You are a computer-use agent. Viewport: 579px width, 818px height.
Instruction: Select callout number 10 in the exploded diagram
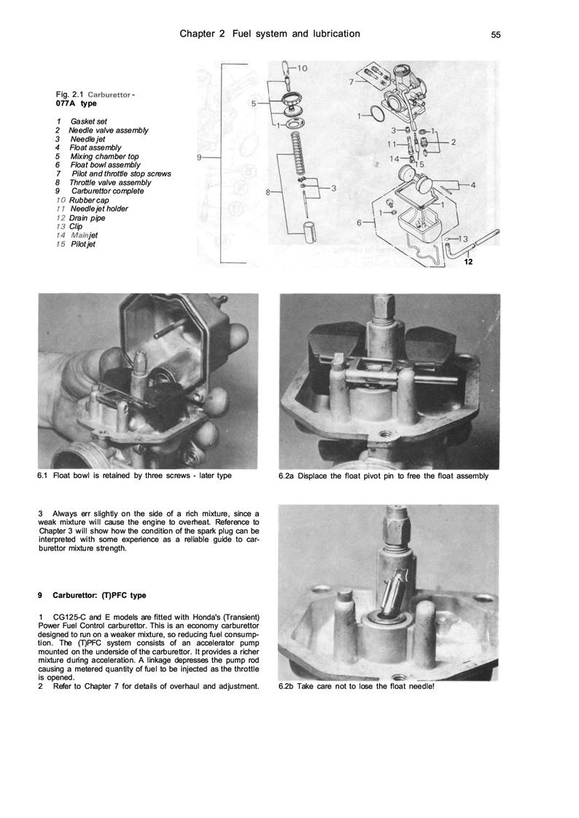pyautogui.click(x=301, y=69)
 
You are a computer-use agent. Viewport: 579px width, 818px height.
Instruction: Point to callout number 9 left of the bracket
pyautogui.click(x=200, y=157)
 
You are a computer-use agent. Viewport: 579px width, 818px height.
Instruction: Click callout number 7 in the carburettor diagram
pyautogui.click(x=351, y=82)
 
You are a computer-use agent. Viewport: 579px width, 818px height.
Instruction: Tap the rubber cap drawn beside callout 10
pyautogui.click(x=286, y=71)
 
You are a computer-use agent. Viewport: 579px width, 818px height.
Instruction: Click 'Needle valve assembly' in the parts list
pyautogui.click(x=108, y=130)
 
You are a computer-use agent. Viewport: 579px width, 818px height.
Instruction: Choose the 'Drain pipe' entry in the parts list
pyautogui.click(x=87, y=217)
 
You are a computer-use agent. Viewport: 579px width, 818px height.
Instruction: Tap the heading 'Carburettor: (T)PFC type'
pyautogui.click(x=99, y=596)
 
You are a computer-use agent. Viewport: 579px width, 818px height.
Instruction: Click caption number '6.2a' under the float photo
pyautogui.click(x=287, y=477)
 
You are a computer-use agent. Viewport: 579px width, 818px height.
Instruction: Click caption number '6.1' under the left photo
pyautogui.click(x=45, y=475)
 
